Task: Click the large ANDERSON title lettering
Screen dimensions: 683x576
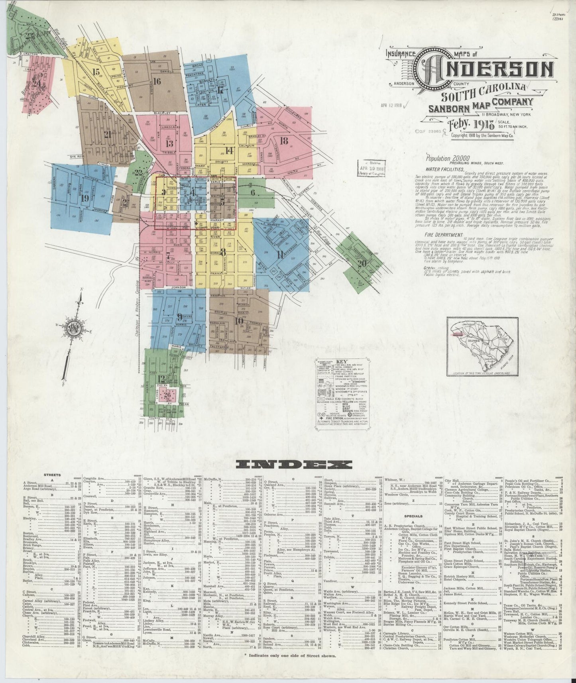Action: pyautogui.click(x=484, y=70)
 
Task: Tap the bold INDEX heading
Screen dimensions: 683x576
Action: pyautogui.click(x=294, y=464)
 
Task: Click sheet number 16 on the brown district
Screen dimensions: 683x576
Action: pyautogui.click(x=156, y=81)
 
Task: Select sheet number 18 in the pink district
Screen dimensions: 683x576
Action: pyautogui.click(x=284, y=140)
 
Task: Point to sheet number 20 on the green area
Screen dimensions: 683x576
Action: pyautogui.click(x=362, y=263)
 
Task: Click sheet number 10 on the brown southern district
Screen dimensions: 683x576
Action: pyautogui.click(x=239, y=321)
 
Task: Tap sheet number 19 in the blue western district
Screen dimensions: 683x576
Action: pyautogui.click(x=85, y=198)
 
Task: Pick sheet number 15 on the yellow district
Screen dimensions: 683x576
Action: pyautogui.click(x=95, y=72)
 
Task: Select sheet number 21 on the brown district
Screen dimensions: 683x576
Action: pyautogui.click(x=107, y=134)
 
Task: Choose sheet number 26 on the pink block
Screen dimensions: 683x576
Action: pyautogui.click(x=167, y=395)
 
